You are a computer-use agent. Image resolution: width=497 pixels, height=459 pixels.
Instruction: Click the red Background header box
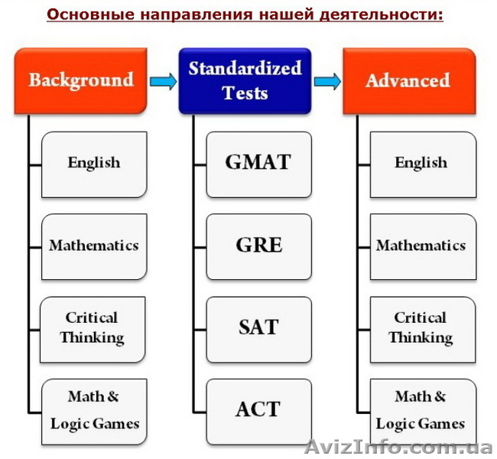point(80,80)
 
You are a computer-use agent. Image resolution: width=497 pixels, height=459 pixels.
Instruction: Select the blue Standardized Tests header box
point(245,80)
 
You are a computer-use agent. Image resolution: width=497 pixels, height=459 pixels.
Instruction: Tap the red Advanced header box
point(408,80)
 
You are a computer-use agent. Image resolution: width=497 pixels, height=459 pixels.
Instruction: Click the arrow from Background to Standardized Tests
point(162,82)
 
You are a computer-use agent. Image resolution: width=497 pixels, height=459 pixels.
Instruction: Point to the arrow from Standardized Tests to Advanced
point(326,82)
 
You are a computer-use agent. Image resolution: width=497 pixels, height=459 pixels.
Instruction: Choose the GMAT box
point(258,163)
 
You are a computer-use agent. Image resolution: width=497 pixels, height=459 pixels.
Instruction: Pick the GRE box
point(258,245)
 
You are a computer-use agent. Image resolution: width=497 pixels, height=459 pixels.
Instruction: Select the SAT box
point(258,327)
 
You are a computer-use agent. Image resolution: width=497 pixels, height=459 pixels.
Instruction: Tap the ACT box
point(258,409)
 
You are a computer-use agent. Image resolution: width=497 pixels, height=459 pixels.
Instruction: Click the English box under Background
point(94,163)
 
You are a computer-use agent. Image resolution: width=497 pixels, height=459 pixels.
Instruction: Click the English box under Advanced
point(422,163)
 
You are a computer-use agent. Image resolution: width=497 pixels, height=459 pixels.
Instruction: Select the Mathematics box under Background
point(94,246)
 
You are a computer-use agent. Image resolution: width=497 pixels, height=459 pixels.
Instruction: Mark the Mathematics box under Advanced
point(422,246)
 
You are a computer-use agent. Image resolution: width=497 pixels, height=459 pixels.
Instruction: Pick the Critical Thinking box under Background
point(94,327)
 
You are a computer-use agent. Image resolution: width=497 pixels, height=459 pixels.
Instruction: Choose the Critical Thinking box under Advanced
point(422,327)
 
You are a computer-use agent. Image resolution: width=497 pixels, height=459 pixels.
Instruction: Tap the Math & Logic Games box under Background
point(94,410)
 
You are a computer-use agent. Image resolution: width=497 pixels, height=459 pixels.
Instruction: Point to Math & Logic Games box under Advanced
point(422,410)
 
